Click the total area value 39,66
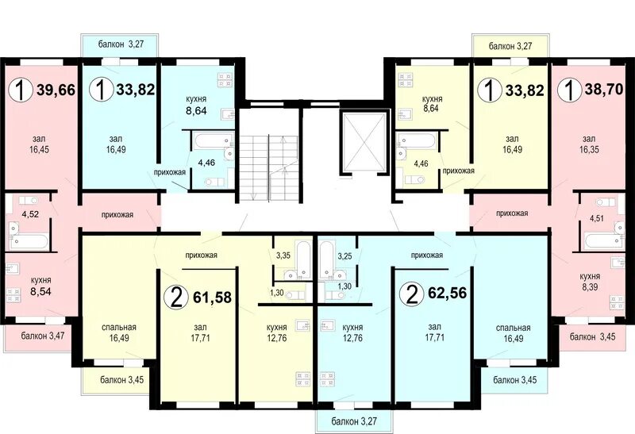pos(56,90)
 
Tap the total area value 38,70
pos(604,89)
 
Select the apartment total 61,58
pos(212,298)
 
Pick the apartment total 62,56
pos(447,292)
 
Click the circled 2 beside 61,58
pos(176,298)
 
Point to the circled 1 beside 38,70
pos(570,90)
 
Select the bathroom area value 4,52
pos(30,214)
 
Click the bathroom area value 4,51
pos(597,219)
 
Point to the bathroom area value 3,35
pos(283,255)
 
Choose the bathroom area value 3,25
pos(344,255)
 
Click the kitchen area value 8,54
pos(41,291)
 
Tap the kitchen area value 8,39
pos(589,287)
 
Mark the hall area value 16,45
pos(39,149)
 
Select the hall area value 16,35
pos(589,149)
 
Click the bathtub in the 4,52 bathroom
pos(29,242)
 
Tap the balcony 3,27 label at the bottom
pos(354,421)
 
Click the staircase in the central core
pos(268,168)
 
